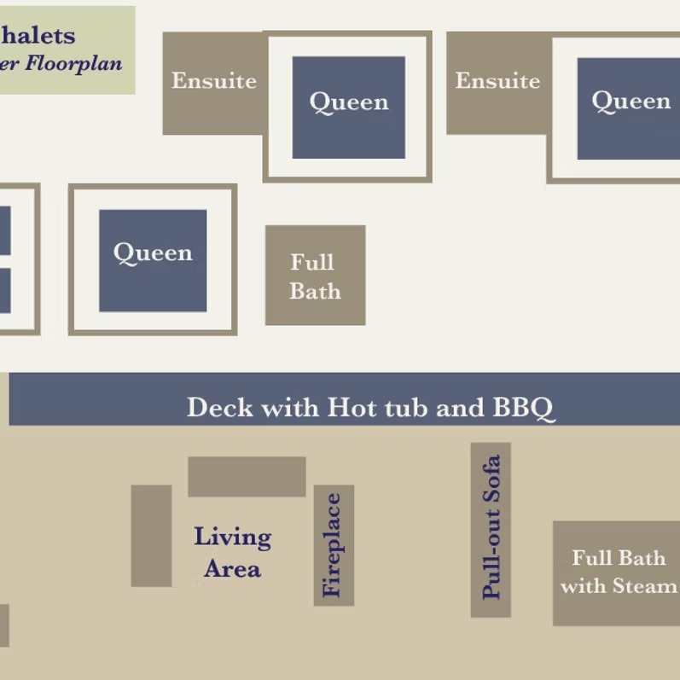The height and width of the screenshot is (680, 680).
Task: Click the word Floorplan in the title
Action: pos(73,63)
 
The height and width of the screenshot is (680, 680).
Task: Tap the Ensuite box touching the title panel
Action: pos(213,83)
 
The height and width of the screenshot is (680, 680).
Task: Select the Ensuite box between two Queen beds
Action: pos(497,83)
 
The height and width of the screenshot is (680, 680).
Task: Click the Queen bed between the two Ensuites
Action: pos(349,107)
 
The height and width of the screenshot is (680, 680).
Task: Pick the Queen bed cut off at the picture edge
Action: pos(630,107)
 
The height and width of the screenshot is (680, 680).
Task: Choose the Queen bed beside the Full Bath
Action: pos(153,259)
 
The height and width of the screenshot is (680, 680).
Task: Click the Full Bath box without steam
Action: pos(315,276)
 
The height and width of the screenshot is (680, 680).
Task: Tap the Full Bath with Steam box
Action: pos(617,572)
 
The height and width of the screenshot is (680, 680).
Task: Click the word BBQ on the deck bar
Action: pos(524,408)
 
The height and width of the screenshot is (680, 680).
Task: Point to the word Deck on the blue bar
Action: pos(220,408)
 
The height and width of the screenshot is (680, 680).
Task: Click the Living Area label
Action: pos(232,553)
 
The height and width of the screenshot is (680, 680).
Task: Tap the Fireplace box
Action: pos(334,545)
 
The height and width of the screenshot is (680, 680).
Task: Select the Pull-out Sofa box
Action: pos(491,529)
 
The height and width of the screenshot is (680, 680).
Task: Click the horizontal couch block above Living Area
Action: pos(247,476)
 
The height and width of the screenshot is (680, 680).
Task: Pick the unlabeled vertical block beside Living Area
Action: pos(151,535)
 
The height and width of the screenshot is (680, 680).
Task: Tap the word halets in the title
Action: pos(38,37)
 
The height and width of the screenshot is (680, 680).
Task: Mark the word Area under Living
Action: pos(232,569)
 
